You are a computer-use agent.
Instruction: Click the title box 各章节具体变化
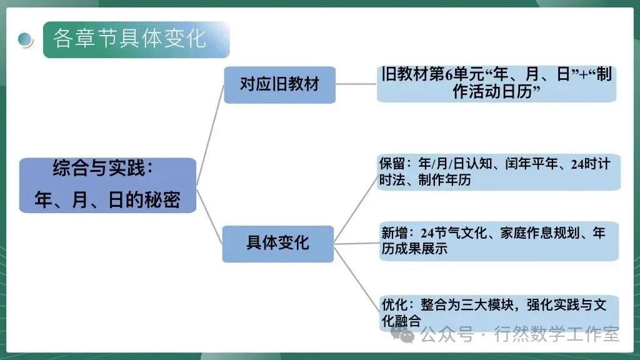(x=136, y=39)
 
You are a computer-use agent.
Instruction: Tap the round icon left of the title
(x=26, y=40)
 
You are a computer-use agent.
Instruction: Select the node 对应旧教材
(x=279, y=84)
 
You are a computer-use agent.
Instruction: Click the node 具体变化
(x=277, y=243)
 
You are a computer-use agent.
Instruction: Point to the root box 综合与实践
(x=107, y=184)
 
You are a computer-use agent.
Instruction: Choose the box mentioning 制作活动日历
(x=497, y=84)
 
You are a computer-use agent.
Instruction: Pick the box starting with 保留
(x=498, y=172)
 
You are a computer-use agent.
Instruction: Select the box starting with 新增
(x=498, y=241)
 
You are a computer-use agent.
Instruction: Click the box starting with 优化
(x=498, y=312)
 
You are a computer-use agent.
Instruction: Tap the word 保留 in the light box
(x=391, y=164)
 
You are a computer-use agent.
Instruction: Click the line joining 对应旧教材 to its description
(x=356, y=84)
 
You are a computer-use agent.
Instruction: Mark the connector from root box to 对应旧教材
(x=210, y=134)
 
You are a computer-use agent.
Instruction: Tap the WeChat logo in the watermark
(x=406, y=336)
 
